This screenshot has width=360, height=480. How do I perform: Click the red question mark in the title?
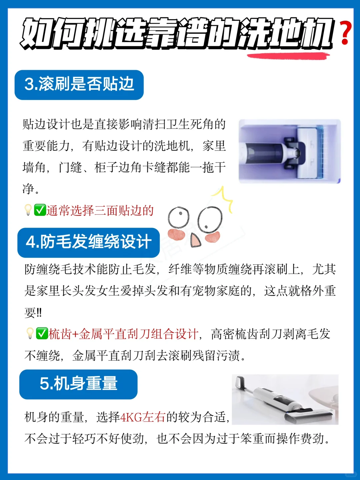pos(346,33)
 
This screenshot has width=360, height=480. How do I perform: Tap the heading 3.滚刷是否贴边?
pos(79,84)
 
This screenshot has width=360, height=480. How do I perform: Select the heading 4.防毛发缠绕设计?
pos(89,242)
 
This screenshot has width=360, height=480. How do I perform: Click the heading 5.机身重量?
pos(78,383)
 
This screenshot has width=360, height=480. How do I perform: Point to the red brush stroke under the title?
pos(288,56)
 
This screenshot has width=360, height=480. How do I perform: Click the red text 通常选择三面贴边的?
pos(100,211)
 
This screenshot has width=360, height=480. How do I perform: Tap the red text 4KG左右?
pos(143,417)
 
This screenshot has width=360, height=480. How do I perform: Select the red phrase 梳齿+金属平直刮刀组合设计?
pos(123,334)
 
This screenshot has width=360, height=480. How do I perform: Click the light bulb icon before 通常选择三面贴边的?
pos(28,210)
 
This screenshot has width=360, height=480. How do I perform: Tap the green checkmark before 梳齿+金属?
pos(42,333)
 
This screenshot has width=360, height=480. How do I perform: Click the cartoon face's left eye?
pos(179,218)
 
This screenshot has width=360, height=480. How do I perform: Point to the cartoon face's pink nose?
pos(195,240)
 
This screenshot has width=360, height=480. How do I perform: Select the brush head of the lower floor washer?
pos(309,415)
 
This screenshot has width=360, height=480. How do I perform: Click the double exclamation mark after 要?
pos(39,313)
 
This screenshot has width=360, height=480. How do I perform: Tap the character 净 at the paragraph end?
pos(28,189)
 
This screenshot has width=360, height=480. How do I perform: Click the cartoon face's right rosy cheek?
pos(212,237)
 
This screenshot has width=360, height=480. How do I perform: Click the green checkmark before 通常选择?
pos(40,210)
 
